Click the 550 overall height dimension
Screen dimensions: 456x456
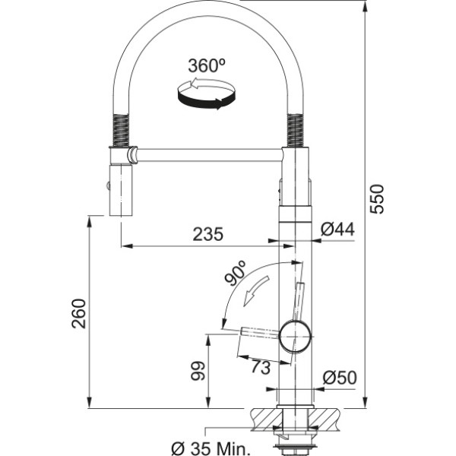tap(377, 199)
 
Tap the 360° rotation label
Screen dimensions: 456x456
tap(207, 65)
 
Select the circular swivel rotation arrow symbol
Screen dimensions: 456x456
tap(206, 93)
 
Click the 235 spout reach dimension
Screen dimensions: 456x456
tap(208, 234)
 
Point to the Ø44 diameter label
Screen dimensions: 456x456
tap(337, 230)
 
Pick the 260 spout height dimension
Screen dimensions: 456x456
tap(79, 313)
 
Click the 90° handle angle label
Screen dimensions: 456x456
tap(236, 272)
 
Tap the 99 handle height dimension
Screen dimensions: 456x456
tap(198, 371)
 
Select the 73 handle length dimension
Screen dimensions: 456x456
tap(261, 367)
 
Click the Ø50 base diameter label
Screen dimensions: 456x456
tap(340, 377)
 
